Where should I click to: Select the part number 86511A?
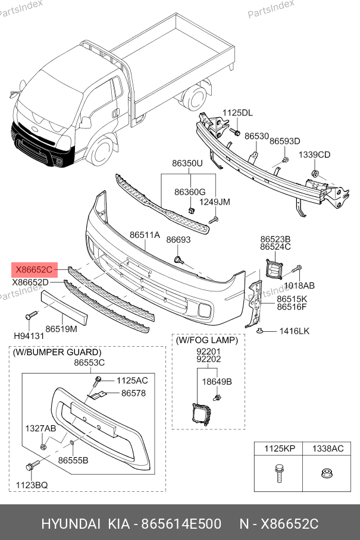[x=145, y=235]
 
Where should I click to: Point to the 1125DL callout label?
[x=237, y=113]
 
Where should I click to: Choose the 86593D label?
[x=284, y=141]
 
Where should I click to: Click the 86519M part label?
[x=61, y=328]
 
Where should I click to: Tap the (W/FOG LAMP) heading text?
[x=206, y=340]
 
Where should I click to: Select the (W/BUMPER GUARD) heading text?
[x=57, y=352]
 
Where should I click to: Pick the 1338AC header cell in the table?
[x=328, y=448]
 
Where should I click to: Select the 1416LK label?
[x=294, y=331]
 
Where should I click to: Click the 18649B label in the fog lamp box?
[x=217, y=381]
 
